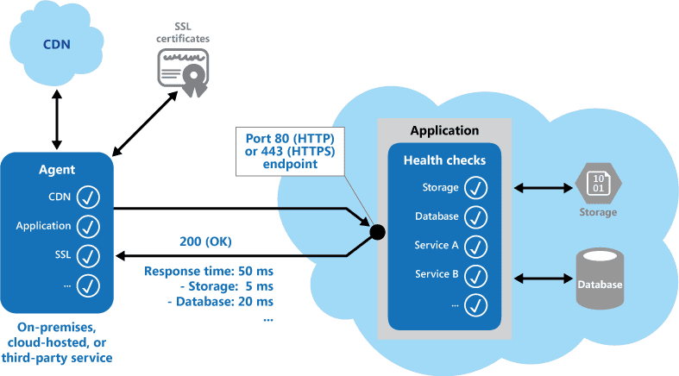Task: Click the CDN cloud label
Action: (x=58, y=44)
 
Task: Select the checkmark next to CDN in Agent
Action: (x=88, y=197)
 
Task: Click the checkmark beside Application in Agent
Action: (x=88, y=227)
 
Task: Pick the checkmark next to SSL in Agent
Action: (x=88, y=255)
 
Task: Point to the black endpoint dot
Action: (x=377, y=231)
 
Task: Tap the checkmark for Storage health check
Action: (x=476, y=188)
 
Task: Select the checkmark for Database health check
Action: (x=476, y=216)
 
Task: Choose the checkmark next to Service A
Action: (x=476, y=246)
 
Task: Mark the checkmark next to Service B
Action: (x=476, y=275)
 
